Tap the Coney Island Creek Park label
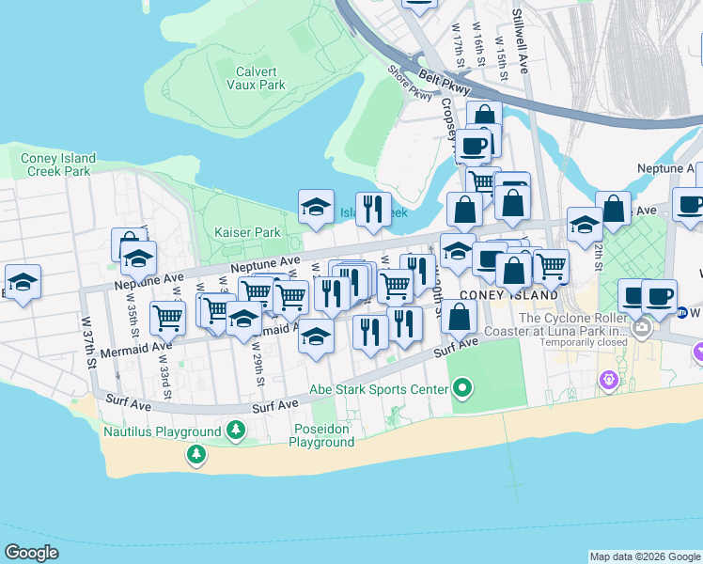pos(58,164)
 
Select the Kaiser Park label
pos(247,232)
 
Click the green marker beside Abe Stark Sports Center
pos(461,387)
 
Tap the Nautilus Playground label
pos(164,432)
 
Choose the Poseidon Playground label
pos(321,436)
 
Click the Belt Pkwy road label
pos(436,78)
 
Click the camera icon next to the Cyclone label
pos(643,330)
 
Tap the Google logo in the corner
pos(31,553)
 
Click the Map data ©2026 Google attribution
pos(645,556)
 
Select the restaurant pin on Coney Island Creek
pos(374,210)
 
